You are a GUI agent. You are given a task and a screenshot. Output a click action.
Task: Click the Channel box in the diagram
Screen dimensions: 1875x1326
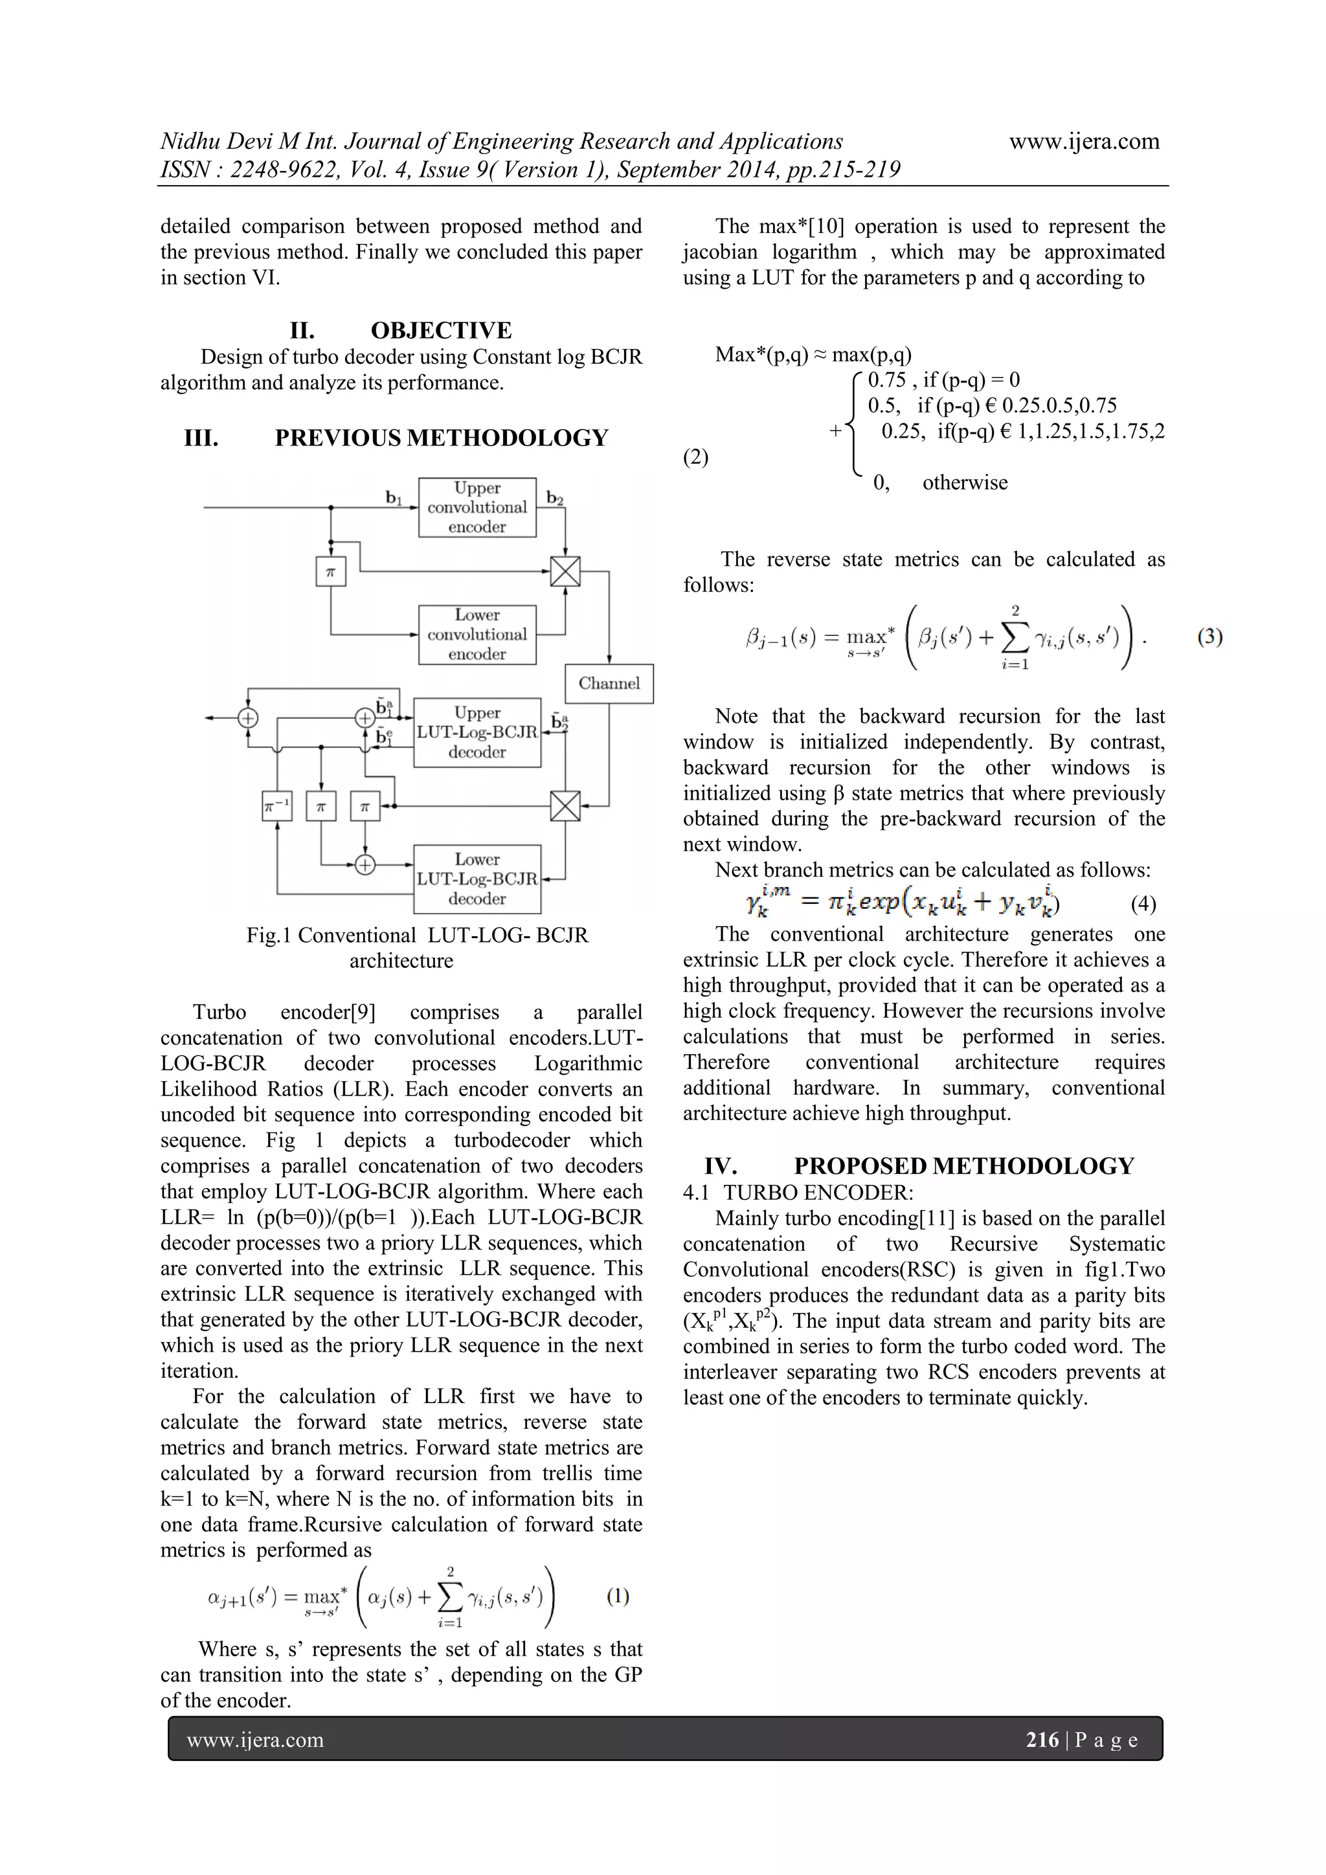point(609,684)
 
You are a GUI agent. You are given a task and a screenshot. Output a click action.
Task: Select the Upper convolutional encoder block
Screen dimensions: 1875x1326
point(477,507)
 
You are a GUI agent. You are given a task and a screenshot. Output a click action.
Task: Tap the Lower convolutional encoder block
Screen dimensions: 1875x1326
point(477,634)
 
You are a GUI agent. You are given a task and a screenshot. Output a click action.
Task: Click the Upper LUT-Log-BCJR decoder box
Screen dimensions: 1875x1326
point(477,732)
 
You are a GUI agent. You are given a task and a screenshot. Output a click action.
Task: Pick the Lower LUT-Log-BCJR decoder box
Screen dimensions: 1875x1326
point(477,879)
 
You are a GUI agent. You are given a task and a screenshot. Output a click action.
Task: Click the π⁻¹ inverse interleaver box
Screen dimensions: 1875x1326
point(277,806)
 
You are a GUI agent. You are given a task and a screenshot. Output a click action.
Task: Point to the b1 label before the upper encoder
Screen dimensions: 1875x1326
point(394,497)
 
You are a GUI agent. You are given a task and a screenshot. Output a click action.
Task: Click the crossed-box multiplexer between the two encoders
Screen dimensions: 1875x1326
point(565,571)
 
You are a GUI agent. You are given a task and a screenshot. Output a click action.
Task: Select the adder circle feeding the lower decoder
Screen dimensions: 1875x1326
point(365,864)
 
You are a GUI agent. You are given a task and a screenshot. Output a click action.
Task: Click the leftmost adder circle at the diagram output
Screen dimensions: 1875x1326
point(247,718)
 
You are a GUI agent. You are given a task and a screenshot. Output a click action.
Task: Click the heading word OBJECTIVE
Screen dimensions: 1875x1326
point(441,330)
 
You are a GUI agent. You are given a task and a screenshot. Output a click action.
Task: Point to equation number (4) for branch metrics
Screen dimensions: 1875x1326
point(1143,903)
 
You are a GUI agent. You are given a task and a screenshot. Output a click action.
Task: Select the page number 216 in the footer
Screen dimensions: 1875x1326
point(1042,1740)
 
